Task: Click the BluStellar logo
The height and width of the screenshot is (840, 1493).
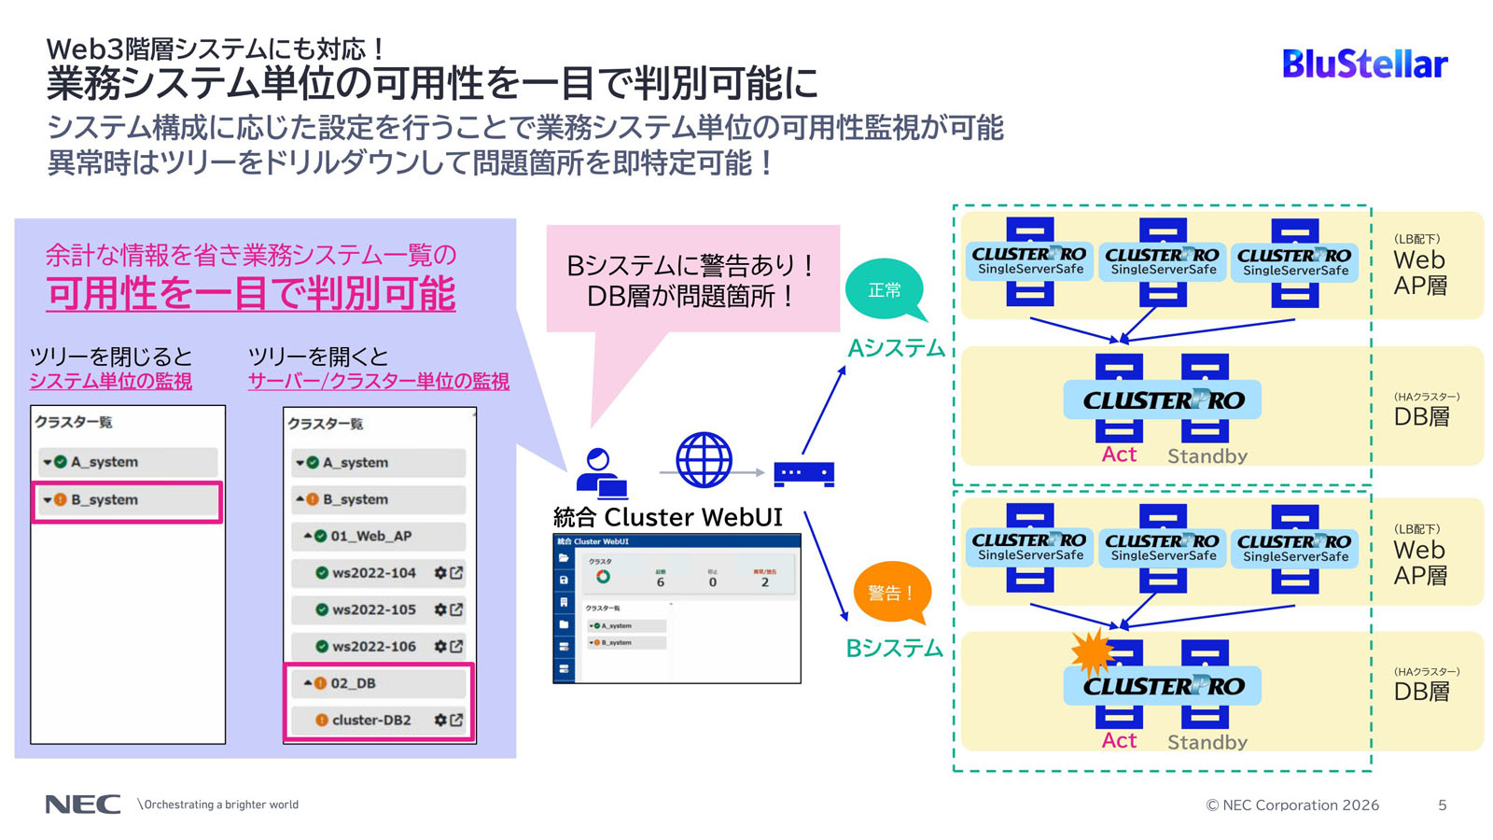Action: (x=1364, y=63)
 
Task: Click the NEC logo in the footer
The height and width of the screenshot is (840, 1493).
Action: (x=83, y=805)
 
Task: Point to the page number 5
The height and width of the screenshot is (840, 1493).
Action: (x=1442, y=805)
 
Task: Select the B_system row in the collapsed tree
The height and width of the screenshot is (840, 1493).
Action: (x=127, y=500)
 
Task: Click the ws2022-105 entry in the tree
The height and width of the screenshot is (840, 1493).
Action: (x=373, y=609)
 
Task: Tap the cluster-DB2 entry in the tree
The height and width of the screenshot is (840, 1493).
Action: (x=371, y=720)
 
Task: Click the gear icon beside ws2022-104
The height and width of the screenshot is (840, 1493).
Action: (x=440, y=573)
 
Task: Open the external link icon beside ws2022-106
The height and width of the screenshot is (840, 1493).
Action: (x=457, y=646)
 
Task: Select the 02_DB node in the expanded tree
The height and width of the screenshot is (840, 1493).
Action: (x=353, y=683)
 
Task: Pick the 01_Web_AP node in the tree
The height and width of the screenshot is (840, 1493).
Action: (x=370, y=536)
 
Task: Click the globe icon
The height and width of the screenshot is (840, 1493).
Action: (x=704, y=460)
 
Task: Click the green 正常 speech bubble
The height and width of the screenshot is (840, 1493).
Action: (x=885, y=290)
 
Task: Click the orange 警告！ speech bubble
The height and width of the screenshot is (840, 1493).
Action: (x=890, y=593)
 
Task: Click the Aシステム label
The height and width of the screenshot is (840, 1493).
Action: (x=896, y=349)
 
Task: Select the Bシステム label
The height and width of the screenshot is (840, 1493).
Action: (x=894, y=649)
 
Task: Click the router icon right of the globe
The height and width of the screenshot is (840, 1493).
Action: (x=803, y=473)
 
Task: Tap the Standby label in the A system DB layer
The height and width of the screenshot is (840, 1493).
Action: (x=1207, y=456)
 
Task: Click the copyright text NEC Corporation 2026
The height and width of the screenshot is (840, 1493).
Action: (x=1292, y=805)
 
